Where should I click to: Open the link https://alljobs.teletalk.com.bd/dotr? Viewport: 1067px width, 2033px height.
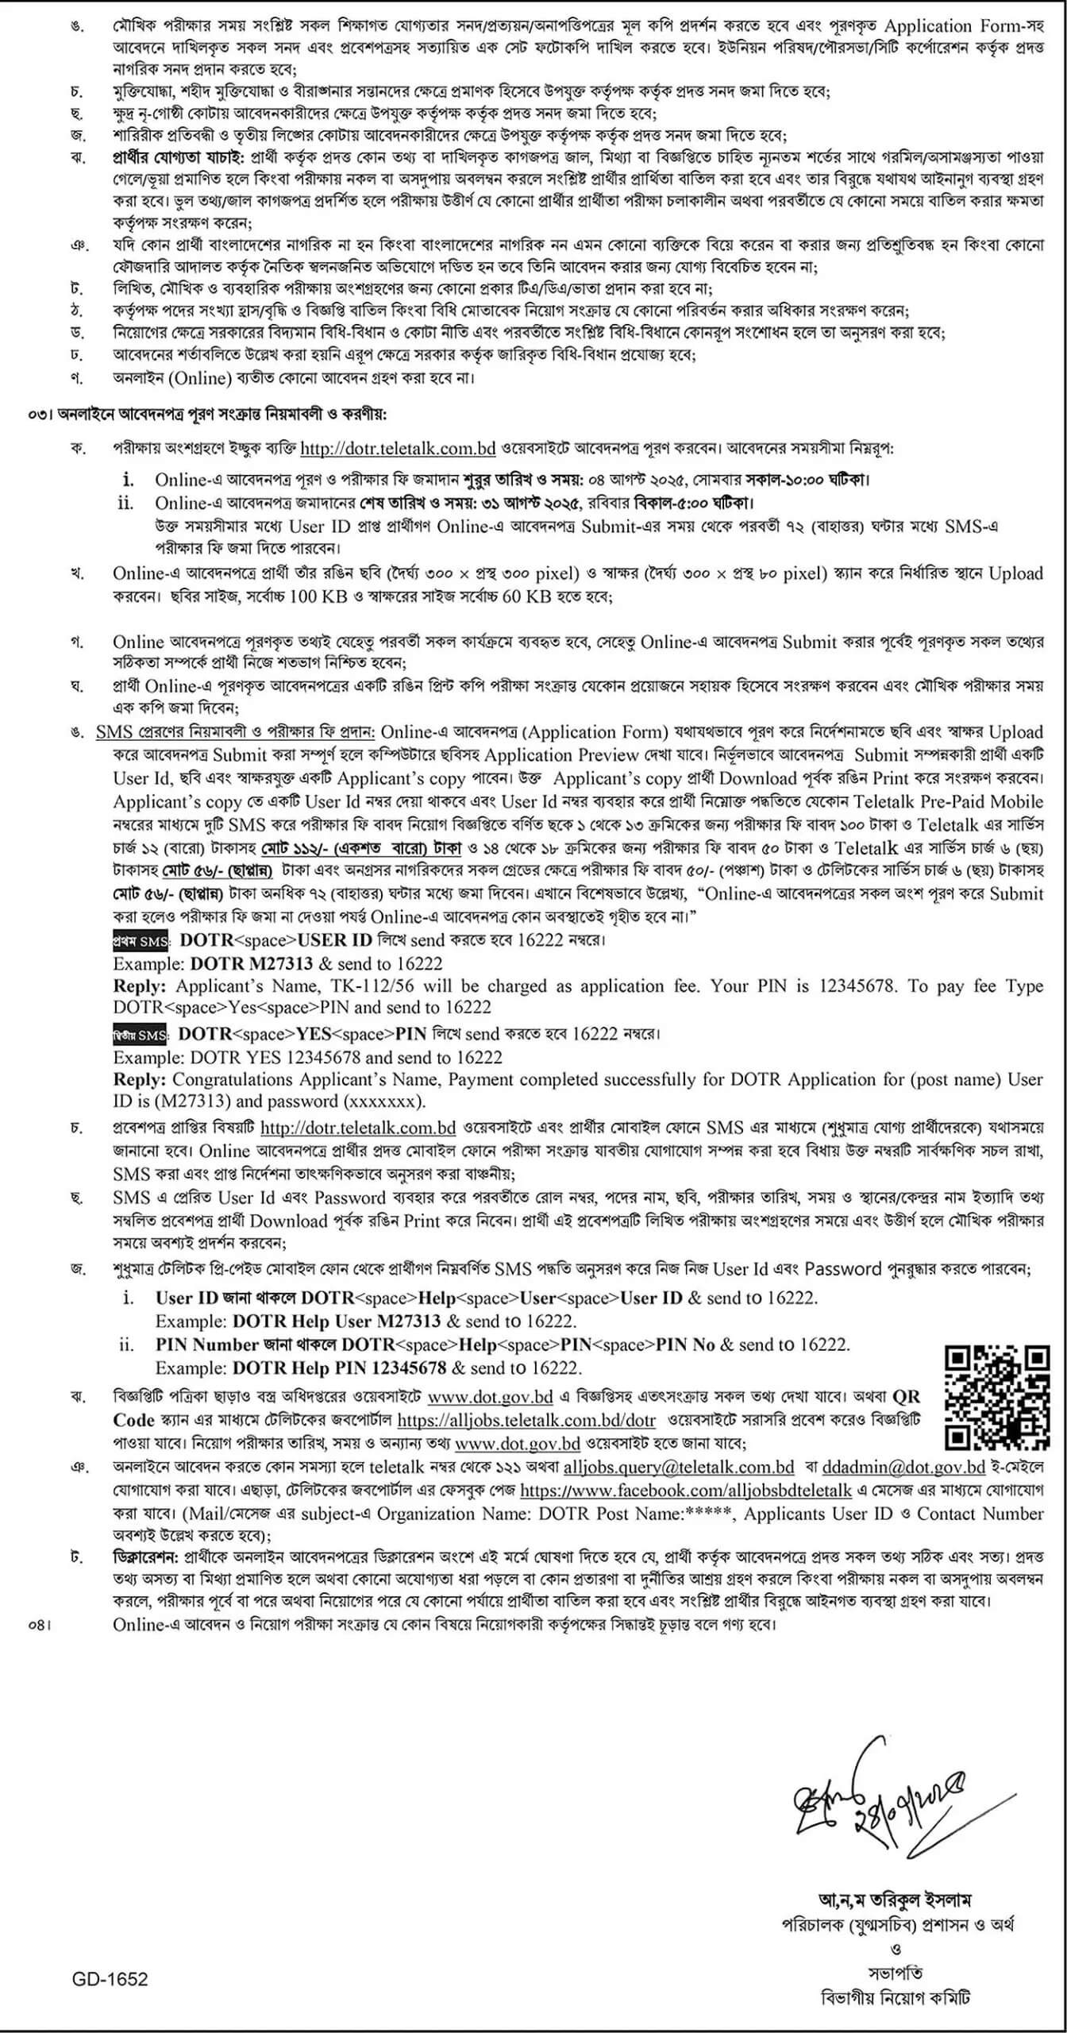click(x=526, y=1420)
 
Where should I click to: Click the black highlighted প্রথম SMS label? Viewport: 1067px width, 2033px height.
click(x=141, y=941)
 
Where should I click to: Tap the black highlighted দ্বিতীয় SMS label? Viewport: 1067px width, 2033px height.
click(x=140, y=1035)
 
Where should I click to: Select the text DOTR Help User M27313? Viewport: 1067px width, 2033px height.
click(x=337, y=1321)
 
